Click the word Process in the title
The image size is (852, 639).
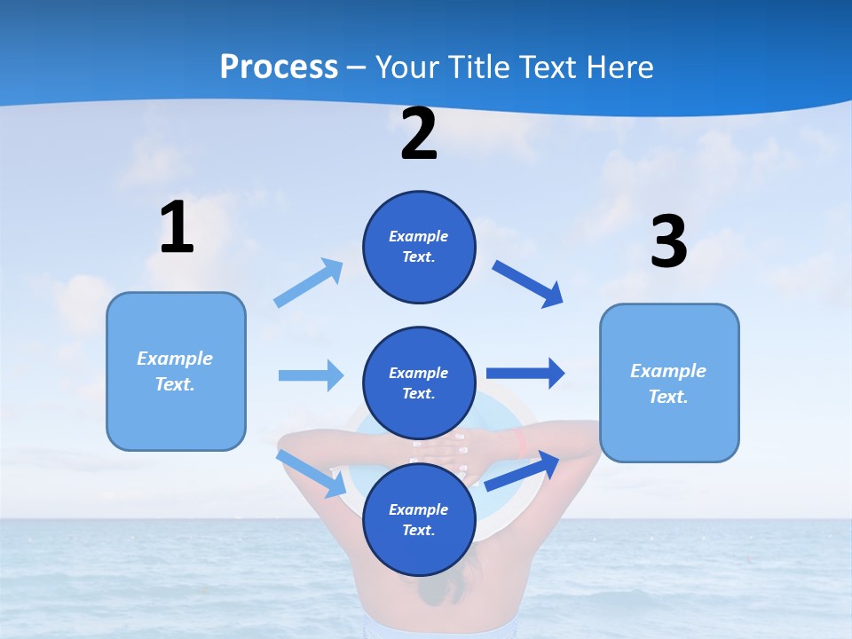[x=279, y=67]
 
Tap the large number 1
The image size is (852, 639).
[x=177, y=229]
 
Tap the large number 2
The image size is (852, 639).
[x=419, y=135]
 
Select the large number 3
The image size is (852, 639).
[x=668, y=243]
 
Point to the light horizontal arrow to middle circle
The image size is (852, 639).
[x=311, y=375]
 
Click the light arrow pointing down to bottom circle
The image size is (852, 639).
[x=312, y=473]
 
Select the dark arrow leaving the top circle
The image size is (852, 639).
[x=528, y=284]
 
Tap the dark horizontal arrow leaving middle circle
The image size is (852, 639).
[x=525, y=373]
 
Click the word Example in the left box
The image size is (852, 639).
[x=175, y=359]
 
